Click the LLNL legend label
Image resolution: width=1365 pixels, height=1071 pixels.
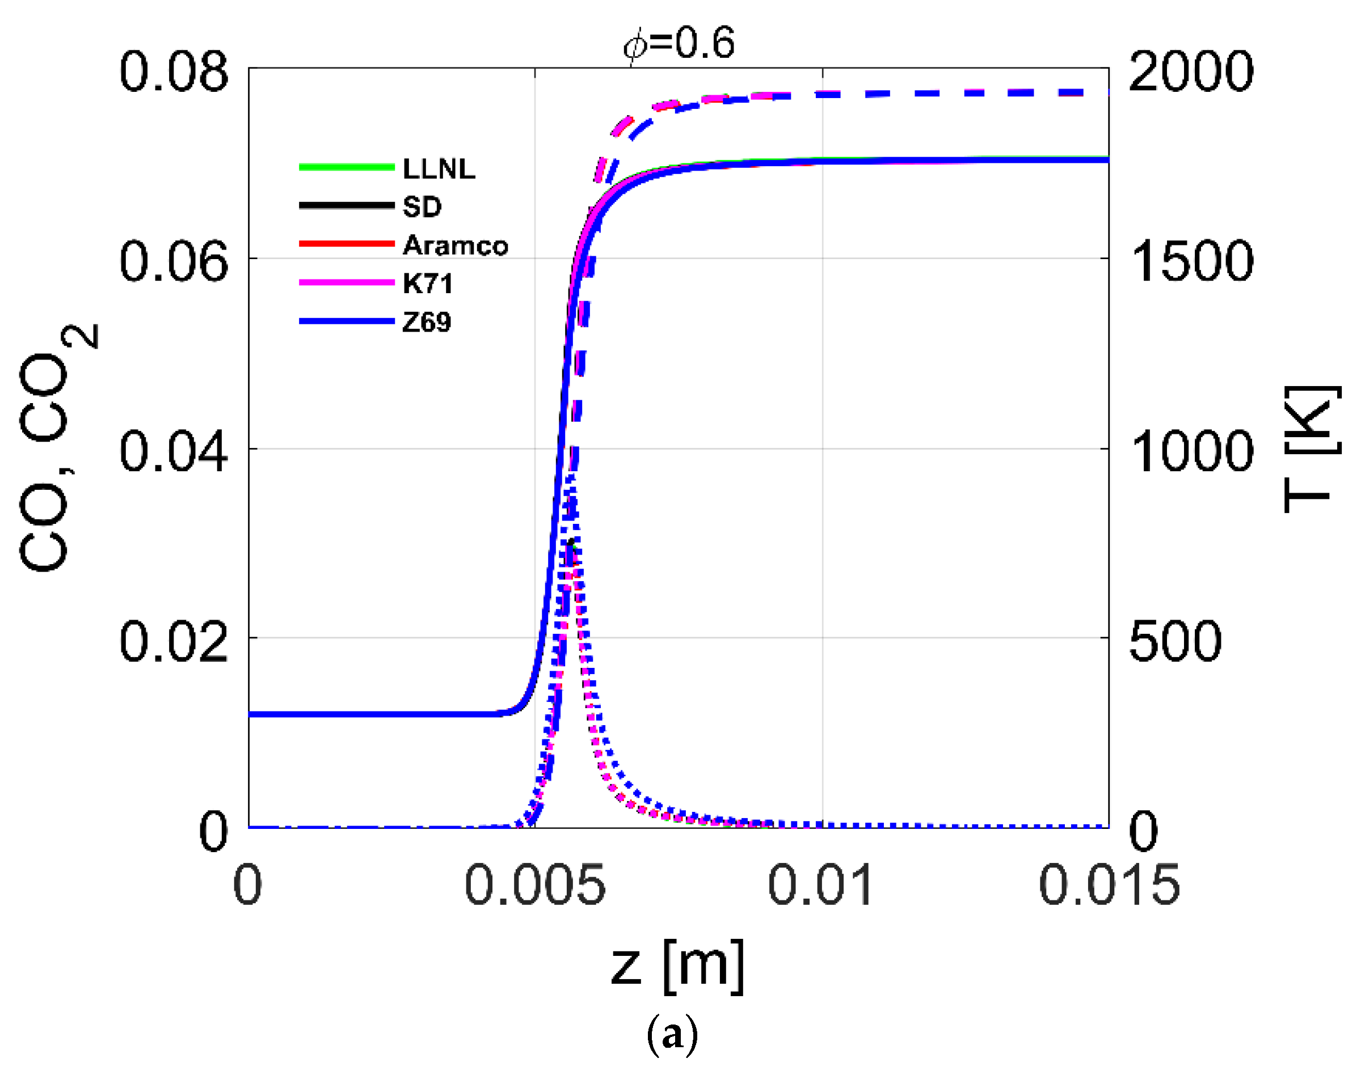[439, 169]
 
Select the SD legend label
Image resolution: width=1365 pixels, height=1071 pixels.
[422, 207]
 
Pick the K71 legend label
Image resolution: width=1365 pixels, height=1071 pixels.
[427, 283]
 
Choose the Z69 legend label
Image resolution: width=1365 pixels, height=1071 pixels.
[427, 322]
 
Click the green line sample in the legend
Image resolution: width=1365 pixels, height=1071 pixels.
[346, 167]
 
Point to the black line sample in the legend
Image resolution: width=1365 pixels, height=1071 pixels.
[346, 205]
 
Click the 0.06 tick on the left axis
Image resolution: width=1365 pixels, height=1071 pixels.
[174, 261]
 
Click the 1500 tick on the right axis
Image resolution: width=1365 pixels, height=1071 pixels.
[1190, 261]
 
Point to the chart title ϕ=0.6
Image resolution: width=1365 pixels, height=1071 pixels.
[679, 44]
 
